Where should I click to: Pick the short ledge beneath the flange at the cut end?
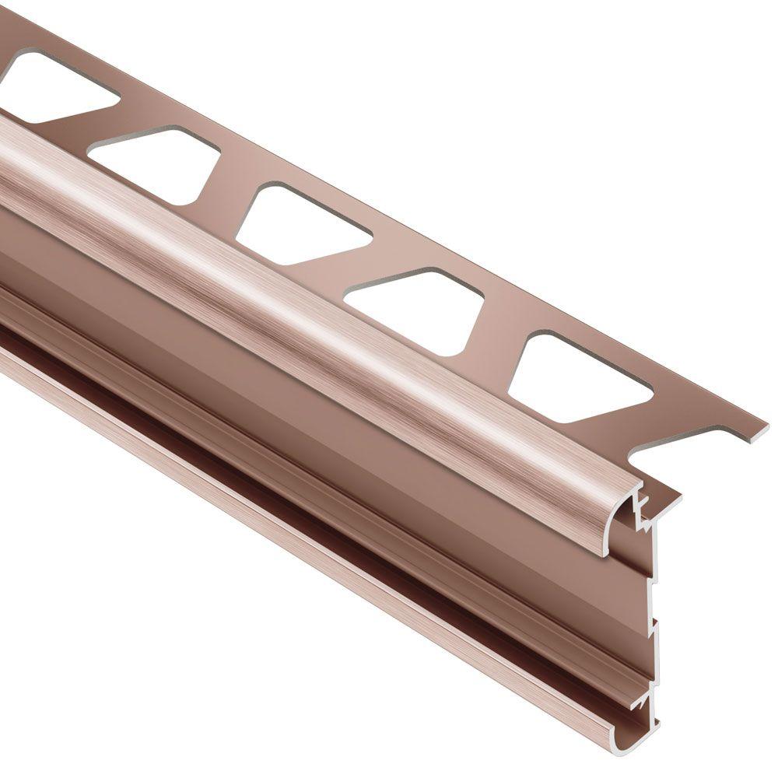click(x=661, y=498)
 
